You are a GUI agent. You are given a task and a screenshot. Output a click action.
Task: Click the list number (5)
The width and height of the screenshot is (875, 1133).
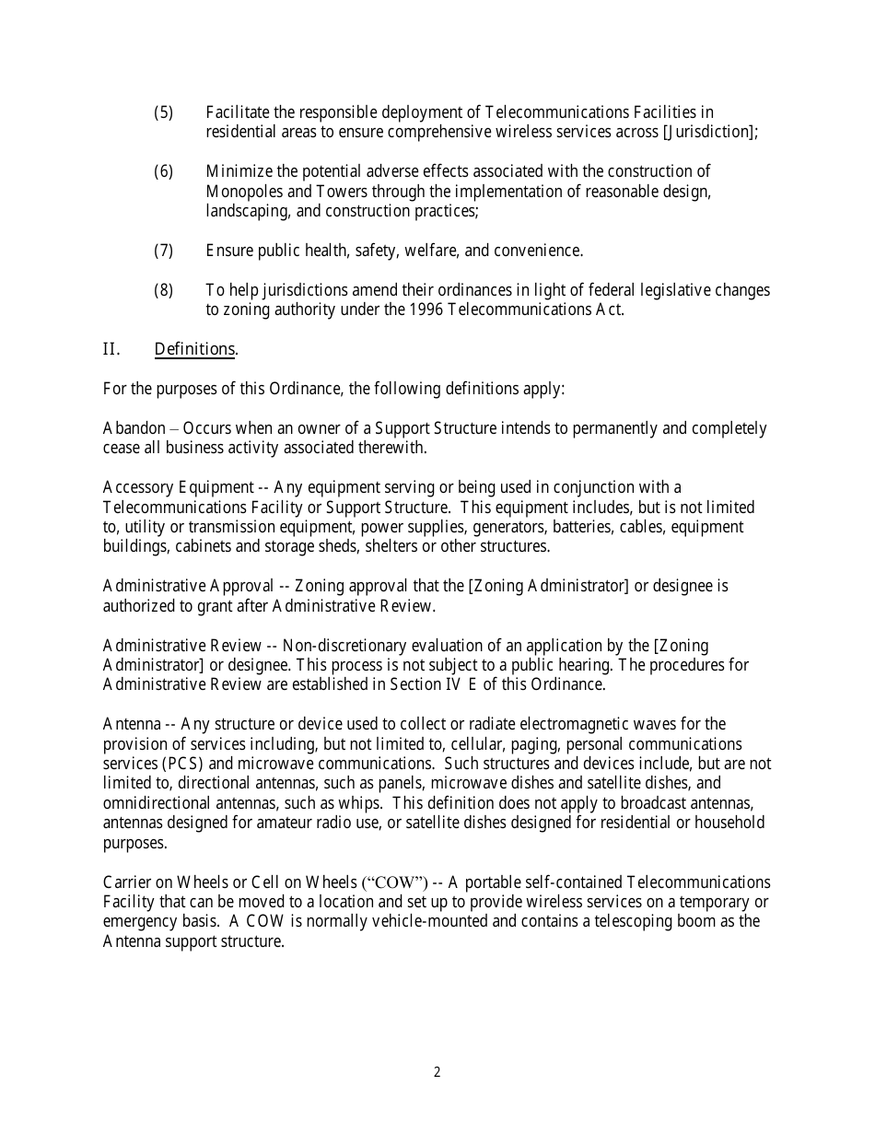(163, 112)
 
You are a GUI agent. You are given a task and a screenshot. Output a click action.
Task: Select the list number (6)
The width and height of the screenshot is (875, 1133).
(163, 171)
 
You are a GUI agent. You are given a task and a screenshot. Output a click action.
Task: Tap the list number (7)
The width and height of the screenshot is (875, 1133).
(163, 251)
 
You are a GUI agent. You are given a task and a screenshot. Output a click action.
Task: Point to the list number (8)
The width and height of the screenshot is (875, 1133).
(163, 290)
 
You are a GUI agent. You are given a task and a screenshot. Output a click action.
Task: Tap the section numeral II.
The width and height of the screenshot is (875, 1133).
(111, 349)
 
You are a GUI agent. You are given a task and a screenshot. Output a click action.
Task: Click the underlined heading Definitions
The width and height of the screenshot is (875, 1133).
(195, 349)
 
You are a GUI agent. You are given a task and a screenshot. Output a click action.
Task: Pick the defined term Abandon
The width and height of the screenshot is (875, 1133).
(134, 428)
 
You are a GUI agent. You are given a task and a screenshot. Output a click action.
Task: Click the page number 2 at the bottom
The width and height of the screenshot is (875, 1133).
(437, 1072)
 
